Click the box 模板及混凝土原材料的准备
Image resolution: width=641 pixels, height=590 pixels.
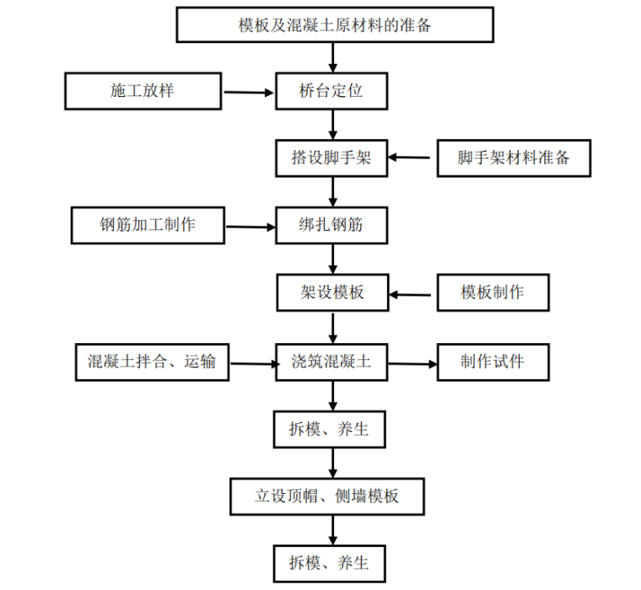(x=334, y=24)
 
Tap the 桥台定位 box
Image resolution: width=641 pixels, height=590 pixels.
(x=331, y=91)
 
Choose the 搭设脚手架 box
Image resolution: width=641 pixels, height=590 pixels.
(x=331, y=158)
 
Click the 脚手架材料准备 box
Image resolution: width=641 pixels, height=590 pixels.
(x=513, y=158)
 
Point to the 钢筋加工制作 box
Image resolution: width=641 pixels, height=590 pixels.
(x=148, y=226)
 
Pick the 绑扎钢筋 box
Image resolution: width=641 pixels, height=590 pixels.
(x=331, y=226)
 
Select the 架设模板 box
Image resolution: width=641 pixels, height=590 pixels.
(x=331, y=293)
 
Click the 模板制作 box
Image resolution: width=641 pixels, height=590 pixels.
(x=493, y=293)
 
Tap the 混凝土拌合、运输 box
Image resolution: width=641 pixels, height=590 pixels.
(x=152, y=362)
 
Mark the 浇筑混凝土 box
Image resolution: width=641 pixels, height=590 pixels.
(x=331, y=362)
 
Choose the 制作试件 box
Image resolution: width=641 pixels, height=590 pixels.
(x=493, y=362)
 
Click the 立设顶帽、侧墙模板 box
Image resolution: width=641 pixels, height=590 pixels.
(x=326, y=496)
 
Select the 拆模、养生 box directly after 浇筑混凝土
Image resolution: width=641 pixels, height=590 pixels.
(x=331, y=429)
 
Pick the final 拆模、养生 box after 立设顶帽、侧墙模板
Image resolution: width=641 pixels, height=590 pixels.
(x=331, y=562)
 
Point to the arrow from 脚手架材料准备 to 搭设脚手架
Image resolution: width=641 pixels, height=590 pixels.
(x=412, y=158)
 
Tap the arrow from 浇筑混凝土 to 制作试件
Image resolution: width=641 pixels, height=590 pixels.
(x=412, y=364)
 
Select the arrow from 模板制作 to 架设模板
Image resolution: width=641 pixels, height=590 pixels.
(x=412, y=294)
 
